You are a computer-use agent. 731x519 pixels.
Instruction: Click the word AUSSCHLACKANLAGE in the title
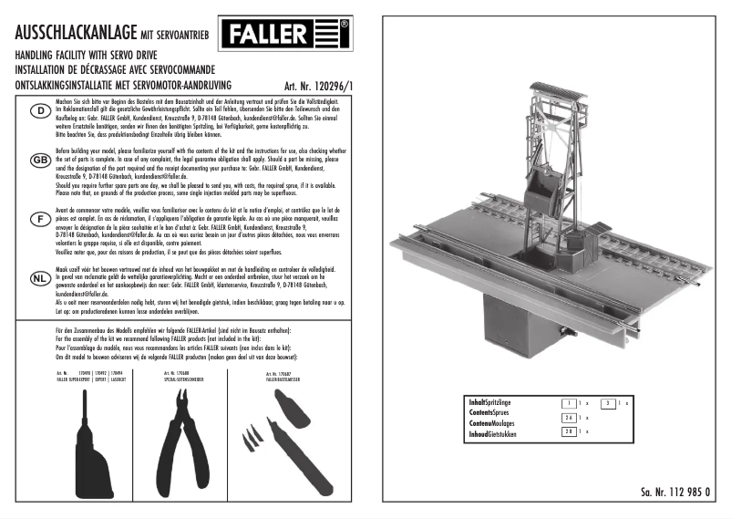(76, 33)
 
